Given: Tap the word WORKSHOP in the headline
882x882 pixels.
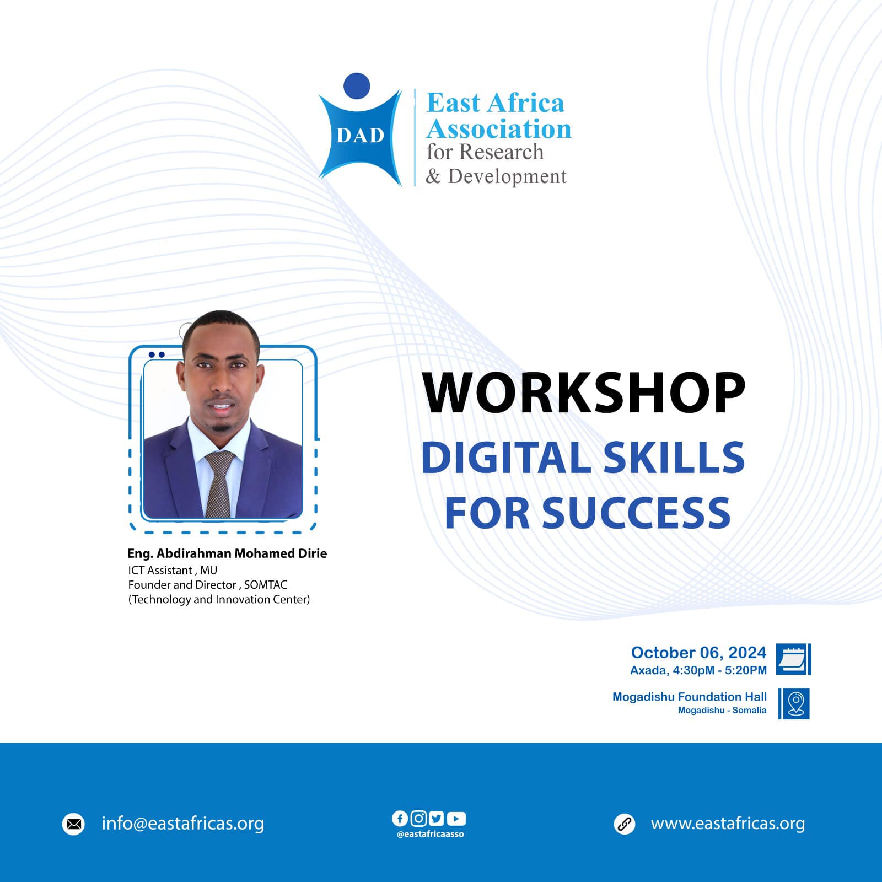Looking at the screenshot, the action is point(583,392).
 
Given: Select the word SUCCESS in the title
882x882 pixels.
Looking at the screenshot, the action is point(637,513).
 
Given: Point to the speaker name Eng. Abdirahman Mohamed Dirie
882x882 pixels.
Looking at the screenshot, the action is point(227,553).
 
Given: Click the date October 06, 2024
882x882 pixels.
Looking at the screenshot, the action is point(698,653).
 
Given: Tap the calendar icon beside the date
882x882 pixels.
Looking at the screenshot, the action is point(794,659).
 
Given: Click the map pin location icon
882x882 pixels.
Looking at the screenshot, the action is point(794,703).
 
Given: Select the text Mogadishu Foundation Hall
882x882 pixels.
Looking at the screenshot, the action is point(690,697).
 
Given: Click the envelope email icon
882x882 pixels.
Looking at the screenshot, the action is point(74,825).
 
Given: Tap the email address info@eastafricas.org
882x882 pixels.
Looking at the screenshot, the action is point(183,824).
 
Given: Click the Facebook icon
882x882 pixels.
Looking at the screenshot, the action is point(400,819).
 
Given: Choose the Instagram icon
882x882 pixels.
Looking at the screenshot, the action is point(418,819).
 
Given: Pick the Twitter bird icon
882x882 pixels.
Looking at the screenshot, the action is point(436,819).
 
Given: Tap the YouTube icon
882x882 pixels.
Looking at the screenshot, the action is point(456,819).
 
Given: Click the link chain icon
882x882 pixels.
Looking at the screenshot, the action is point(625,824).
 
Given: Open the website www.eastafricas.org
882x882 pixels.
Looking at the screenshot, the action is point(728,824).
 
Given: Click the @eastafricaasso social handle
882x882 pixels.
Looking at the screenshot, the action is point(431,834).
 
